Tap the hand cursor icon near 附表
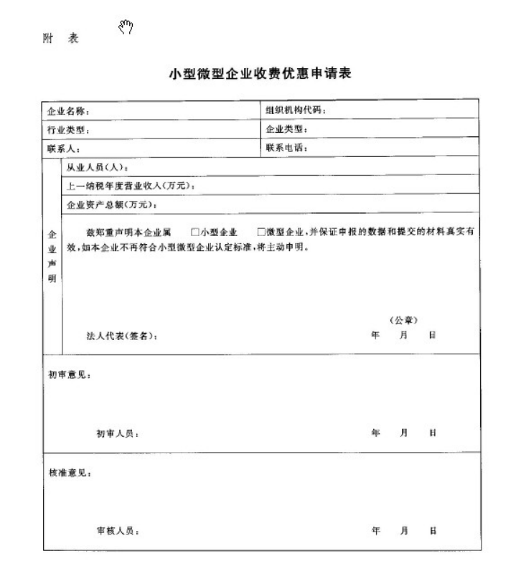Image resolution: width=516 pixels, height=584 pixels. (x=126, y=27)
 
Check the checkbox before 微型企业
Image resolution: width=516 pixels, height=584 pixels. (x=261, y=232)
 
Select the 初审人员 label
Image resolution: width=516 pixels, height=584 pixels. (x=118, y=433)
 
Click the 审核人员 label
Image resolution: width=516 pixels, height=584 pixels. (x=118, y=532)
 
